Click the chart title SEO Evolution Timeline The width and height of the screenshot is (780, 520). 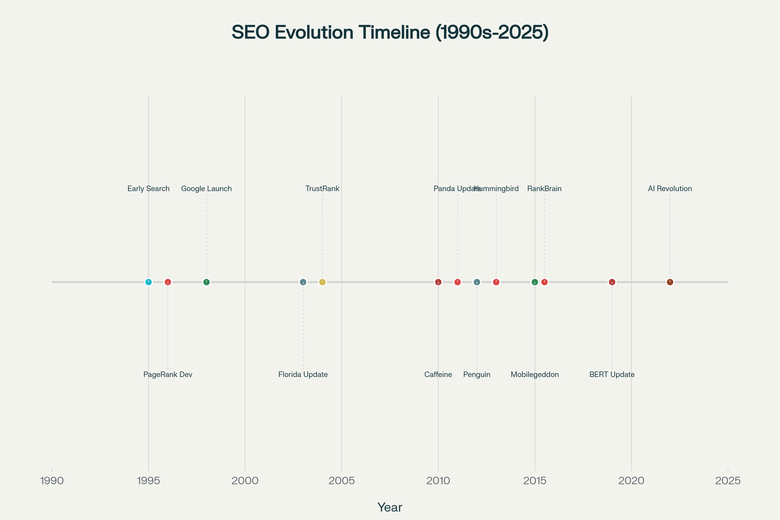(x=390, y=32)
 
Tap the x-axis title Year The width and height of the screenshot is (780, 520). (x=390, y=507)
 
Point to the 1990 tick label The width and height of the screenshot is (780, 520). (x=52, y=481)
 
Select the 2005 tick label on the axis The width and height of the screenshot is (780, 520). (x=342, y=481)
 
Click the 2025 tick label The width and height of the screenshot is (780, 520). (x=728, y=481)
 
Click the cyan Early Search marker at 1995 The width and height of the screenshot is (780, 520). (x=149, y=282)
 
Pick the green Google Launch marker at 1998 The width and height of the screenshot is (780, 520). (x=206, y=282)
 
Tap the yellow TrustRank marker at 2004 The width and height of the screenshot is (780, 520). (x=322, y=282)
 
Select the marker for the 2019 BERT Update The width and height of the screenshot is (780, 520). (x=612, y=282)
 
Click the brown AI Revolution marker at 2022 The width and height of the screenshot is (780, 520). (x=670, y=282)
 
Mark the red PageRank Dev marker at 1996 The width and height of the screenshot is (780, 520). (x=168, y=282)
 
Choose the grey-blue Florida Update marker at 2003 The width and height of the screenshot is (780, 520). (x=303, y=282)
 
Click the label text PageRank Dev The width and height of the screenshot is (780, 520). (x=168, y=374)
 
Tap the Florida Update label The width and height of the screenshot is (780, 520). (x=303, y=374)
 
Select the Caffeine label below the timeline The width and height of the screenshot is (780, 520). (x=438, y=374)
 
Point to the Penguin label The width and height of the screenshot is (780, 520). (x=476, y=374)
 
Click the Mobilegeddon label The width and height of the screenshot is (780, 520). (x=535, y=374)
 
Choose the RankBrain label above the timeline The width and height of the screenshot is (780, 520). (x=544, y=189)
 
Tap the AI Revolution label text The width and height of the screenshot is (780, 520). (x=670, y=189)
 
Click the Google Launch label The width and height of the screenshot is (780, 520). (x=206, y=189)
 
